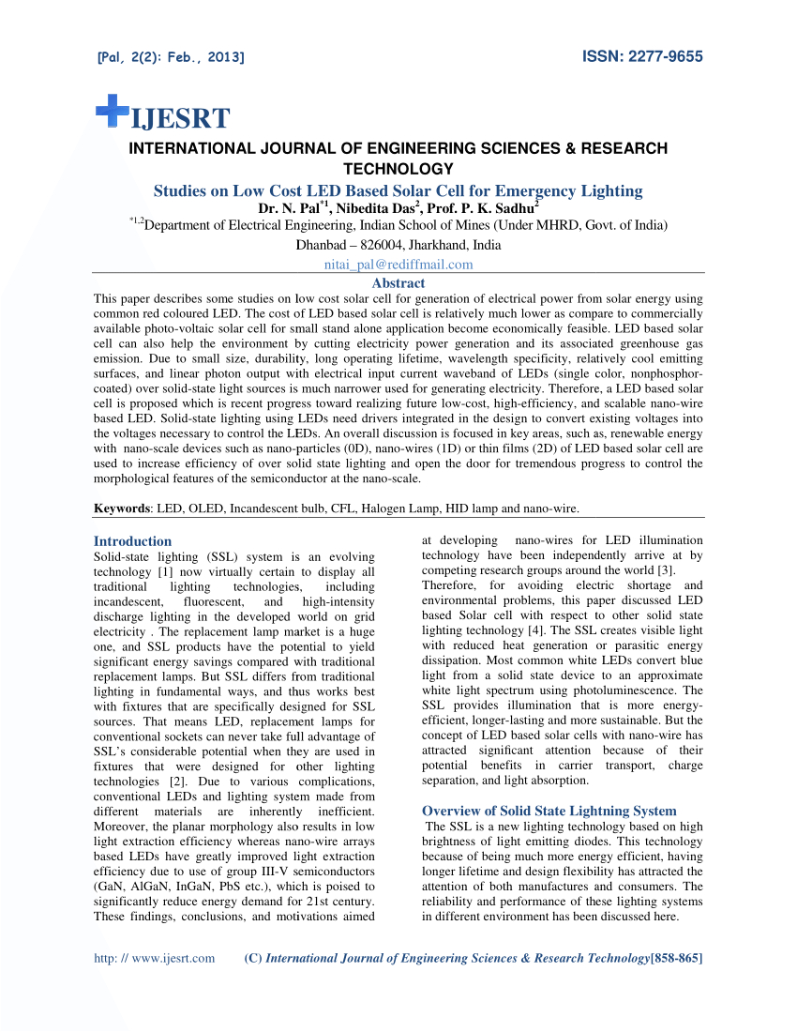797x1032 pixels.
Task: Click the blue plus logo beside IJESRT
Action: point(112,110)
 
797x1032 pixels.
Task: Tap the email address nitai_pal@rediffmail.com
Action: point(398,265)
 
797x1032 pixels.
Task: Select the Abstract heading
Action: point(398,282)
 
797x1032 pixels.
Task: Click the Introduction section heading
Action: point(132,541)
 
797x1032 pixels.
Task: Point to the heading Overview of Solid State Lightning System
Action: point(549,811)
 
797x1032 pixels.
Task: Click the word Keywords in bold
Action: point(123,508)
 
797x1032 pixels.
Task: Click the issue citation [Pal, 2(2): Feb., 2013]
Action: point(171,58)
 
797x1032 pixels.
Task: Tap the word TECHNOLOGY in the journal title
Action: point(398,169)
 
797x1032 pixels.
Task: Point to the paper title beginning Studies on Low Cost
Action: point(398,190)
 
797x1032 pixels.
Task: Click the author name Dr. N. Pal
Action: point(289,207)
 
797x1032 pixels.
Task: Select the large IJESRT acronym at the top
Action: point(180,119)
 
